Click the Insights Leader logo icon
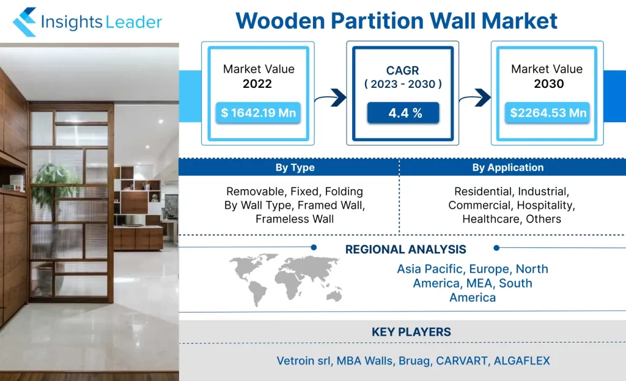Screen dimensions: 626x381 pos(24,21)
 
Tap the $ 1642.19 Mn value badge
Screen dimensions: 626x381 pos(259,113)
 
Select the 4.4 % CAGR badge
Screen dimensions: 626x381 pos(403,113)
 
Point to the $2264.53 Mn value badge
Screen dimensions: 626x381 pos(547,113)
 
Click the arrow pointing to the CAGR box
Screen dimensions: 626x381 pos(331,98)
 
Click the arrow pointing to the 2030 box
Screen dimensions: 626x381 pos(475,98)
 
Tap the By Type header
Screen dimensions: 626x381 pos(295,167)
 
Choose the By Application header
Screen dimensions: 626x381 pos(508,167)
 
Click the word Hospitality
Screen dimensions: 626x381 pos(546,205)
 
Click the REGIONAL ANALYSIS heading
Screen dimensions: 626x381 pos(406,250)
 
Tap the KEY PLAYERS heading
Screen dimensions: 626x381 pos(411,332)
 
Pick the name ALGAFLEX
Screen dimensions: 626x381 pos(522,361)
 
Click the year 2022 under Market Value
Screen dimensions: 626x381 pos(257,84)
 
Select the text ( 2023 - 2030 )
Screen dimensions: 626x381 pos(403,84)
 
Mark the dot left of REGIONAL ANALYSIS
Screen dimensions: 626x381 pos(314,247)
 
